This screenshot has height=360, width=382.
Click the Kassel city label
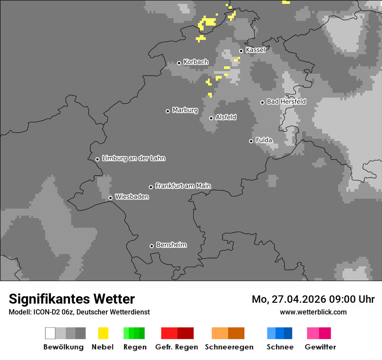(x=255, y=50)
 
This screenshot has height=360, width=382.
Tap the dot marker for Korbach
(x=179, y=63)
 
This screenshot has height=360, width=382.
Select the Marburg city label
(x=185, y=110)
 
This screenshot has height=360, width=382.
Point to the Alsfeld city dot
(x=211, y=118)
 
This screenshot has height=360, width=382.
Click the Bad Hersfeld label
(x=286, y=101)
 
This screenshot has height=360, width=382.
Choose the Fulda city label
(x=264, y=140)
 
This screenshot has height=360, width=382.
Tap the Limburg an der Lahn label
(x=133, y=158)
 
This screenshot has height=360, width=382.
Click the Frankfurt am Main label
(x=183, y=186)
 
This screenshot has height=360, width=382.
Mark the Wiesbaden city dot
(x=110, y=198)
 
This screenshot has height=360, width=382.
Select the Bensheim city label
(x=171, y=245)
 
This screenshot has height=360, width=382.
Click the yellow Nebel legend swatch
(x=103, y=333)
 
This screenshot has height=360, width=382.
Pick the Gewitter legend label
(x=320, y=347)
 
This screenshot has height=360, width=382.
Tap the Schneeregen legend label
(x=229, y=347)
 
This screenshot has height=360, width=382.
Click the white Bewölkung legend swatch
(x=50, y=333)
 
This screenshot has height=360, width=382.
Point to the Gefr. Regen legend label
(x=177, y=347)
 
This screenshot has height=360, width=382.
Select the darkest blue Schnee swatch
(x=288, y=333)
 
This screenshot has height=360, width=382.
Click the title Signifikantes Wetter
(x=72, y=299)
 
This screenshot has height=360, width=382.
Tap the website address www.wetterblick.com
(x=313, y=312)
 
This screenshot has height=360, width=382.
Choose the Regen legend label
(x=134, y=347)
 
